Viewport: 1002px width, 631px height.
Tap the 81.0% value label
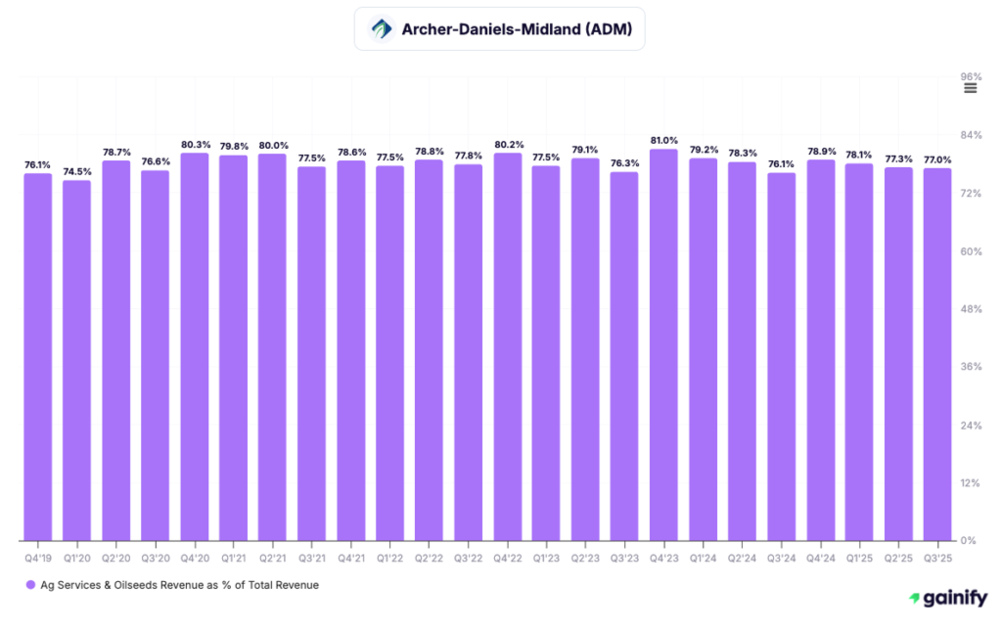pyautogui.click(x=663, y=140)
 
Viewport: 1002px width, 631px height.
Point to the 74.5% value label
pyautogui.click(x=76, y=171)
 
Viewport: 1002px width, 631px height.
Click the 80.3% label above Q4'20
pyautogui.click(x=194, y=144)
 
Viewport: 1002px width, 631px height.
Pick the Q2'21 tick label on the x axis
pyautogui.click(x=272, y=558)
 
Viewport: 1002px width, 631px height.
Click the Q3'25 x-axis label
pyautogui.click(x=937, y=558)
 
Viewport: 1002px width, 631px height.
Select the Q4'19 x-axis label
pyautogui.click(x=37, y=558)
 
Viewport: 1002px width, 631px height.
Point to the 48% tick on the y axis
pyautogui.click(x=968, y=309)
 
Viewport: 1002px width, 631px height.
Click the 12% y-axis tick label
pyautogui.click(x=968, y=482)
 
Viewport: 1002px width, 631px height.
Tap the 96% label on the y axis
pyautogui.click(x=970, y=76)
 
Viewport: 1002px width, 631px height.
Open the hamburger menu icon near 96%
pyautogui.click(x=970, y=88)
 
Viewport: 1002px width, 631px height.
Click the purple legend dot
pyautogui.click(x=30, y=585)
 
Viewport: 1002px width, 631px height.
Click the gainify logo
pyautogui.click(x=948, y=598)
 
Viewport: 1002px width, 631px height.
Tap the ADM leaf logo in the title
pyautogui.click(x=381, y=29)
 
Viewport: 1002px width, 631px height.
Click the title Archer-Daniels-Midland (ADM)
pyautogui.click(x=517, y=29)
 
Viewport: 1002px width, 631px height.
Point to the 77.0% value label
pyautogui.click(x=937, y=159)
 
